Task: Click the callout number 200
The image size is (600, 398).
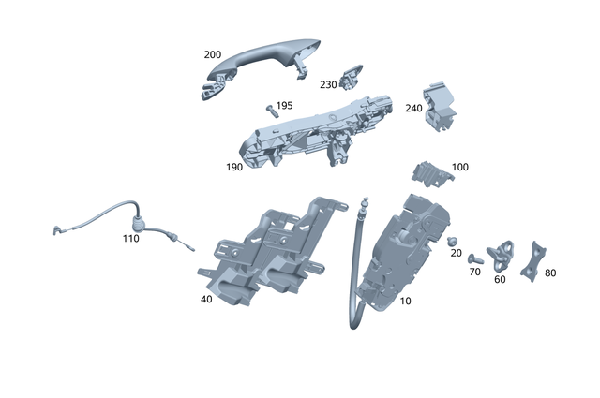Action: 213,55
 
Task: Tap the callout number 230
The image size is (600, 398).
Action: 328,85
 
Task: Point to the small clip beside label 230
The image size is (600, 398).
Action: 354,74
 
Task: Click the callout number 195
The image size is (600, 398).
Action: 284,106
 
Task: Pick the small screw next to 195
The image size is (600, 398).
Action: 270,110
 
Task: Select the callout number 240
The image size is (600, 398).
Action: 413,108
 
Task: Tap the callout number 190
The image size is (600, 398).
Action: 234,167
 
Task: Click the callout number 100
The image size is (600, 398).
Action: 459,167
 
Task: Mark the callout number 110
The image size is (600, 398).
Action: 130,239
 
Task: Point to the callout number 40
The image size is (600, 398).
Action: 205,300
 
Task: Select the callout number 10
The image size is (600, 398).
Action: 405,302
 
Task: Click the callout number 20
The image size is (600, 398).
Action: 456,254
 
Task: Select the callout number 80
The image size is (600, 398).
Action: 549,273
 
